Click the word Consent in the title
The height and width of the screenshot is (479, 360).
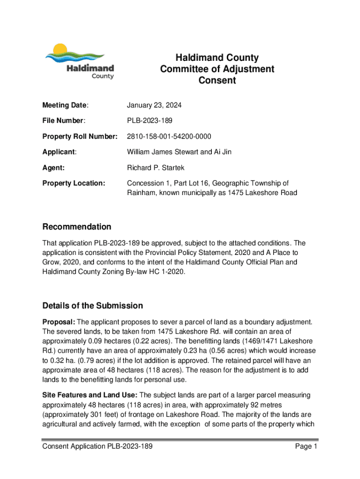217,80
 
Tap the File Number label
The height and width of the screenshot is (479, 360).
64,121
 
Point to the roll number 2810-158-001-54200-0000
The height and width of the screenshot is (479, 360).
169,137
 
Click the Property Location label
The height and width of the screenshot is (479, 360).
74,183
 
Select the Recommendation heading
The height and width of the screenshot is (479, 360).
77,227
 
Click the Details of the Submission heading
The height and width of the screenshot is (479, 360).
93,306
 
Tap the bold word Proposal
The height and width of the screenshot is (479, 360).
58,322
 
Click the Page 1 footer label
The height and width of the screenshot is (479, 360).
306,447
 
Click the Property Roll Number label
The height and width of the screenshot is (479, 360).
80,137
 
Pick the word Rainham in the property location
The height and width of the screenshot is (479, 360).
142,193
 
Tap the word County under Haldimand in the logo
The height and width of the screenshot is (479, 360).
102,76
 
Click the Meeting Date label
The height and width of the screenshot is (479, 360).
65,106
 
